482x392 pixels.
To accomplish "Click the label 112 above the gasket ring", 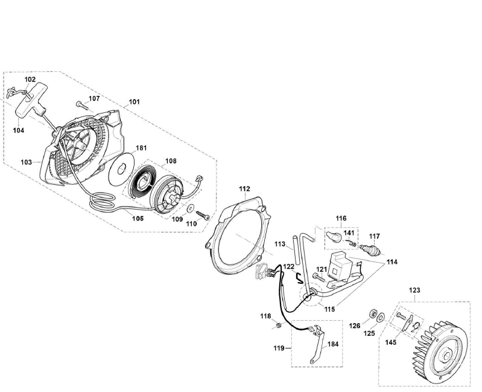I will coord(244,189).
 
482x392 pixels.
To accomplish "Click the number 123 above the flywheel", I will coord(414,290).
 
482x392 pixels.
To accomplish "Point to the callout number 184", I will coord(333,344).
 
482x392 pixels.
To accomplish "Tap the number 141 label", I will coord(349,233).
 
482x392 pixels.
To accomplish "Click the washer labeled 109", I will coord(189,209).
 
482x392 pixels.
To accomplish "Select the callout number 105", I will coord(138,219).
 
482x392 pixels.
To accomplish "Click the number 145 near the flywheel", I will coord(390,342).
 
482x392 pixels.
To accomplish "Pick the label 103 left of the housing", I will coord(27,162).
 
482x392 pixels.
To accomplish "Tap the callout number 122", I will coord(289,266).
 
